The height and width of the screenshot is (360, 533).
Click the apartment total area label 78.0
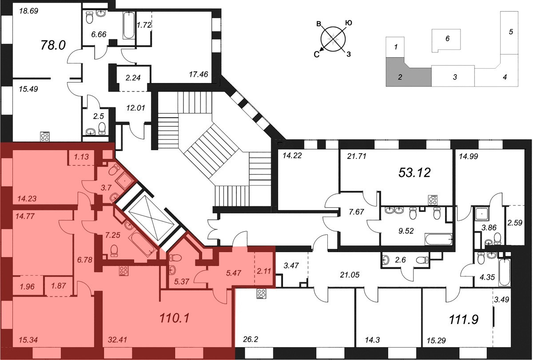(53, 45)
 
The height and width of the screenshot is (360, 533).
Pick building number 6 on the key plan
(447, 39)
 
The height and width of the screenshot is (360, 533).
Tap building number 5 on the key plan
(511, 32)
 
